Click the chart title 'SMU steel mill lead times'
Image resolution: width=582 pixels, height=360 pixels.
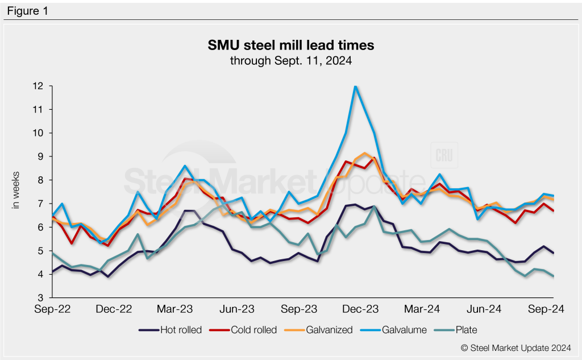290,45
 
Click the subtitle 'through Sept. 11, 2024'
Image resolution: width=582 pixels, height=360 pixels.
290,60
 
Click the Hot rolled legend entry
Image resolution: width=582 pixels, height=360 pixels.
171,330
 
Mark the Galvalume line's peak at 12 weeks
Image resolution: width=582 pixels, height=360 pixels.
355,86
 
